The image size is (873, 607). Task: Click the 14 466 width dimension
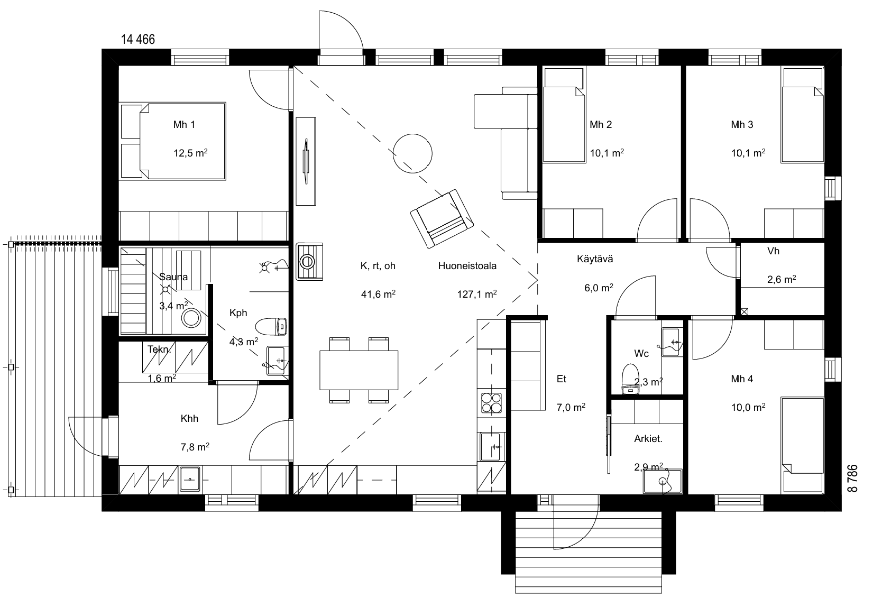[138, 39]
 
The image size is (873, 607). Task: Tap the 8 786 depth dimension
[853, 479]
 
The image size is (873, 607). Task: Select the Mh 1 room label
[184, 125]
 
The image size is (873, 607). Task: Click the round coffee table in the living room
[412, 153]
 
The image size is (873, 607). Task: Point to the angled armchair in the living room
[442, 218]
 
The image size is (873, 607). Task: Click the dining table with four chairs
[359, 370]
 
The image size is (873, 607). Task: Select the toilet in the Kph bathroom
[271, 326]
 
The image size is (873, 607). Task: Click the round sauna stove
[191, 318]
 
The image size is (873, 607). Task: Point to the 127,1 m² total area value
[477, 294]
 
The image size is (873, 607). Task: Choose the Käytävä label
[595, 259]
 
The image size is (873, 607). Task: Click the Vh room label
[773, 251]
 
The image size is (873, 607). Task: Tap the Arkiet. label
[648, 439]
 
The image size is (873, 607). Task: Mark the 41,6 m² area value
[378, 294]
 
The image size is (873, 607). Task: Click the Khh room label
[189, 419]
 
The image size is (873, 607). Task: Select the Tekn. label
[159, 350]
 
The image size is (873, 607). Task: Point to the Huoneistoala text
[467, 266]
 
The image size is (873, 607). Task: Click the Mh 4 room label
[742, 379]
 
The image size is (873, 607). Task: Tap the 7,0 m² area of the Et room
[571, 408]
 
